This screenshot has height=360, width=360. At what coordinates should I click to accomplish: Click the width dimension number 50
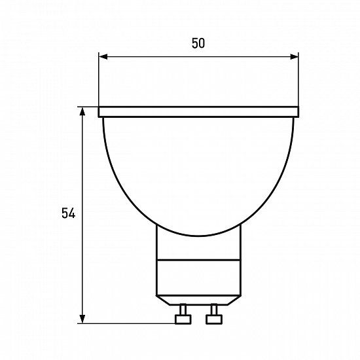click(x=198, y=43)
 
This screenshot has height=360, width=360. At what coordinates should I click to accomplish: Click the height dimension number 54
click(x=69, y=213)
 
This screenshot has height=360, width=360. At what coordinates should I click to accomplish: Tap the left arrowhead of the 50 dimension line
click(x=103, y=57)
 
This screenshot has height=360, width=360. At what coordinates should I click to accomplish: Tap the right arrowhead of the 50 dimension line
click(x=295, y=57)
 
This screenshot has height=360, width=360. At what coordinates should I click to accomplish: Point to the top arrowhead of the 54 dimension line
click(x=82, y=111)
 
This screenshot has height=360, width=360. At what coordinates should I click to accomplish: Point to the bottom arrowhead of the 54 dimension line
click(x=82, y=319)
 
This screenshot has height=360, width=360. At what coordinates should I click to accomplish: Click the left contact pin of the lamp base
click(x=183, y=314)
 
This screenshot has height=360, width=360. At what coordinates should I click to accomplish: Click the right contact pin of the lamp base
click(x=214, y=314)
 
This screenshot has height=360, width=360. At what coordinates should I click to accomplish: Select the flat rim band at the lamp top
click(x=198, y=112)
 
